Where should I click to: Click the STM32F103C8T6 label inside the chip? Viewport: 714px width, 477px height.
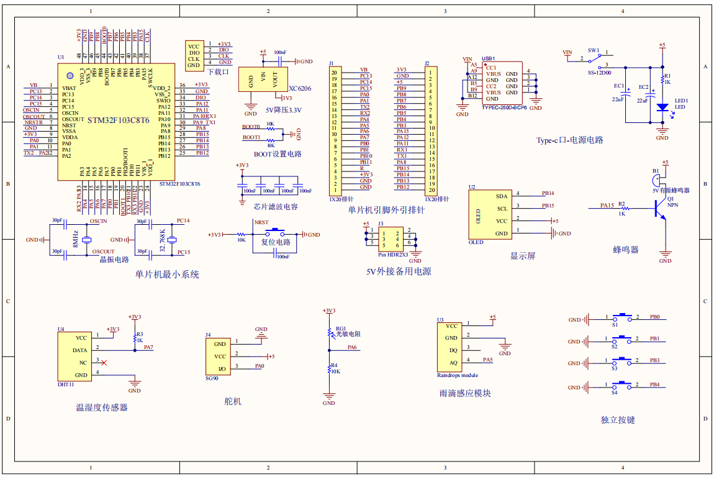tap(118, 119)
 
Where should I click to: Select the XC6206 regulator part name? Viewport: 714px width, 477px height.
tap(301, 89)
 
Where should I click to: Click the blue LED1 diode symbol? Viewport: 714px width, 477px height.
tap(662, 107)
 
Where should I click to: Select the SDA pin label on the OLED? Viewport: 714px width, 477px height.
tap(502, 196)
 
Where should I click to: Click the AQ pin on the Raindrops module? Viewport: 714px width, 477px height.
tap(453, 363)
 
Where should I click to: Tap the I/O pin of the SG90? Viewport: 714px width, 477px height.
tap(222, 370)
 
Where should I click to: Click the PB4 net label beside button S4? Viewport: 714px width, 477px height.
tap(654, 385)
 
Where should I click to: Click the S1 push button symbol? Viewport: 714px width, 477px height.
tap(621, 317)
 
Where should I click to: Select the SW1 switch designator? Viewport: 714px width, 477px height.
tap(593, 50)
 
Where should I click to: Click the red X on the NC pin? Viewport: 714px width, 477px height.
tap(104, 362)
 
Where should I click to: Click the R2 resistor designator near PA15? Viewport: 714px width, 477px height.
tap(621, 203)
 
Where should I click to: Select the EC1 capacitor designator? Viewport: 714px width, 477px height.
tap(619, 86)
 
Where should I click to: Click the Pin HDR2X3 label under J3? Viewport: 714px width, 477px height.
tap(394, 255)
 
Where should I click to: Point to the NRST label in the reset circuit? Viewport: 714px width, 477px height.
tap(261, 222)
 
